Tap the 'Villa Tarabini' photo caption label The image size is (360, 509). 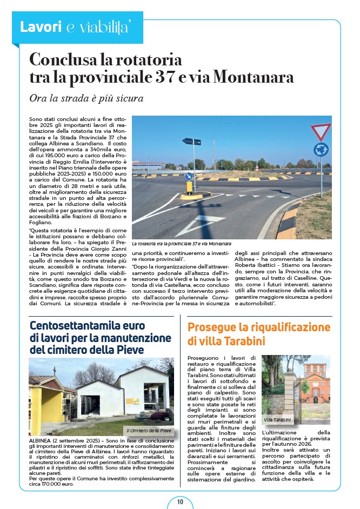277,420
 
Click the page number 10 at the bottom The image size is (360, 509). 180,502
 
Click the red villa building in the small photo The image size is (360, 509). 310,386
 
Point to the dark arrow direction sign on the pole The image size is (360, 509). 191,142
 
